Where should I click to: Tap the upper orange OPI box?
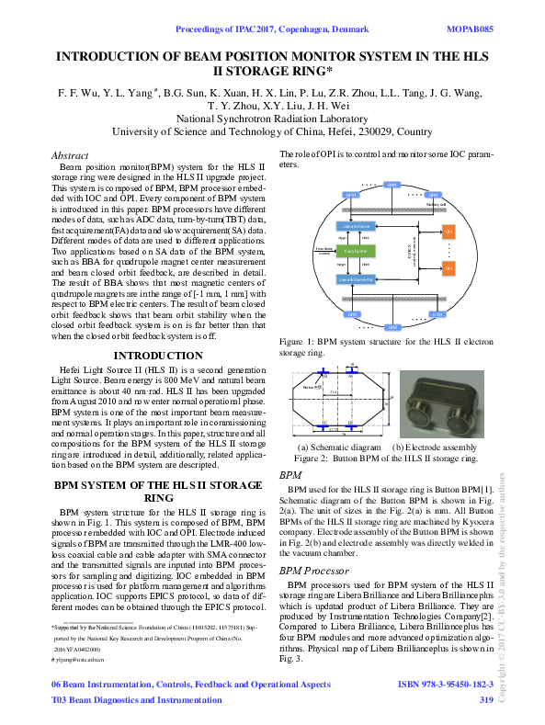pyautogui.click(x=448, y=230)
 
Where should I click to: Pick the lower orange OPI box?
pyautogui.click(x=448, y=268)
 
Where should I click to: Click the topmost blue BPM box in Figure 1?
pyautogui.click(x=392, y=187)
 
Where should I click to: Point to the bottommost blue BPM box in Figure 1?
pyautogui.click(x=392, y=326)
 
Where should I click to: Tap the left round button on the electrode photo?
pyautogui.click(x=420, y=398)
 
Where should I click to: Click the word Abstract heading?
pyautogui.click(x=70, y=155)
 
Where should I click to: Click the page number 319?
pyautogui.click(x=486, y=699)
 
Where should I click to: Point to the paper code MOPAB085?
pyautogui.click(x=470, y=28)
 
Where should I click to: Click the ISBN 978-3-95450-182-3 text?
pyautogui.click(x=445, y=685)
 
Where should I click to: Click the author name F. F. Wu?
pyautogui.click(x=75, y=93)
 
